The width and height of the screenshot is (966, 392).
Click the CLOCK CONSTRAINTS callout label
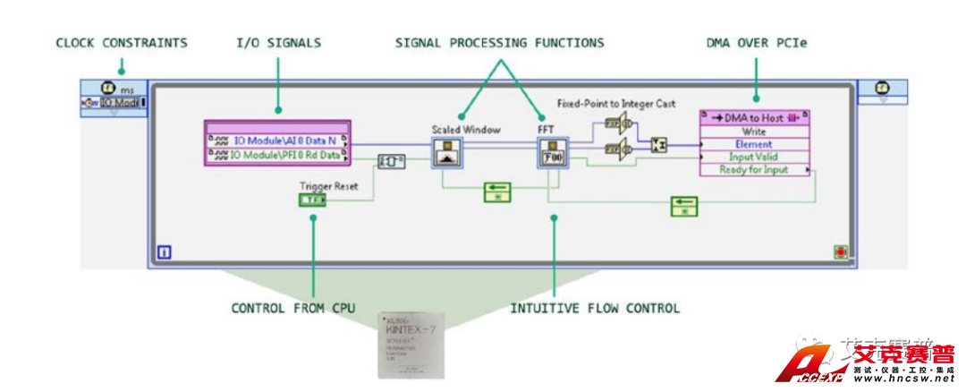pos(122,42)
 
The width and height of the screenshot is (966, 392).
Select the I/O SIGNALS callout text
pos(277,42)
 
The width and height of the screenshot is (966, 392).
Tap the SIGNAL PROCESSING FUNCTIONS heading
pos(500,42)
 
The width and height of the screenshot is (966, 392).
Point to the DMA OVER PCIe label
pos(755,42)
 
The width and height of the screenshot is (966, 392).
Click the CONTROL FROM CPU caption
pos(293,308)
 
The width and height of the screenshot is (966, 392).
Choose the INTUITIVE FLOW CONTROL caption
pos(595,308)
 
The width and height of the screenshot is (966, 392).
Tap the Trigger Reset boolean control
pos(313,200)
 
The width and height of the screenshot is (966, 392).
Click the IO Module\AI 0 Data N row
pos(279,141)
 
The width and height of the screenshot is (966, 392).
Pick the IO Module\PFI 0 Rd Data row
pos(279,155)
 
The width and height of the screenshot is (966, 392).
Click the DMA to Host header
pos(755,117)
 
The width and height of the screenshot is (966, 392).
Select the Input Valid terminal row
pos(755,157)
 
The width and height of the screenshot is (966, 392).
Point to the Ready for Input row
pos(755,169)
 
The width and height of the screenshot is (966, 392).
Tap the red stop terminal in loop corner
pos(840,253)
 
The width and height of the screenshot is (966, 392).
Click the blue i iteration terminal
pos(165,253)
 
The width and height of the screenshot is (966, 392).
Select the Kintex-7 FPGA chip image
pos(412,345)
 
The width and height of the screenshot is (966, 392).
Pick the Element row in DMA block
pos(755,144)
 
